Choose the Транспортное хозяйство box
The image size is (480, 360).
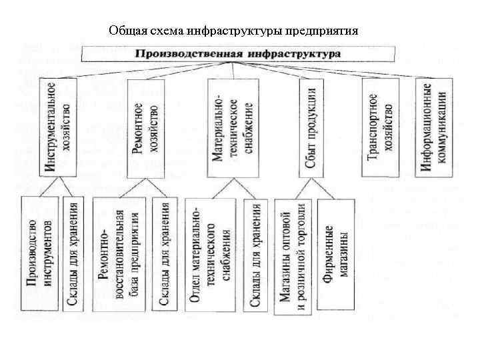pyautogui.click(x=381, y=127)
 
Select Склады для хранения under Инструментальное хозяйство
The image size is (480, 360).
pyautogui.click(x=74, y=253)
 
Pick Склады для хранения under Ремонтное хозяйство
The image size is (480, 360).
pyautogui.click(x=164, y=253)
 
